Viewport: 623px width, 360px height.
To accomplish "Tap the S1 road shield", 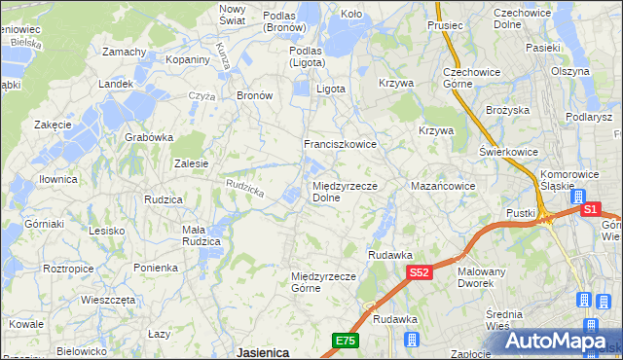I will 589,209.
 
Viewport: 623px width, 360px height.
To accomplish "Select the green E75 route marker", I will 345,341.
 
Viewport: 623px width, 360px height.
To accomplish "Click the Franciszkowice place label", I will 340,144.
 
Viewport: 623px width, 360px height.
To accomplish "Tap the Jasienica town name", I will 262,352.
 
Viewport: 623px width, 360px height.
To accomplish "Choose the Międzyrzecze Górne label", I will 320,282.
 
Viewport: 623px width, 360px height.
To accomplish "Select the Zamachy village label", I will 124,52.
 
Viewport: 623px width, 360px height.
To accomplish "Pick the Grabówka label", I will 148,137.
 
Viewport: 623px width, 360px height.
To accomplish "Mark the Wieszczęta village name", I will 108,300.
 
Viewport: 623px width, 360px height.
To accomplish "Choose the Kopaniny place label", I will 189,60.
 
